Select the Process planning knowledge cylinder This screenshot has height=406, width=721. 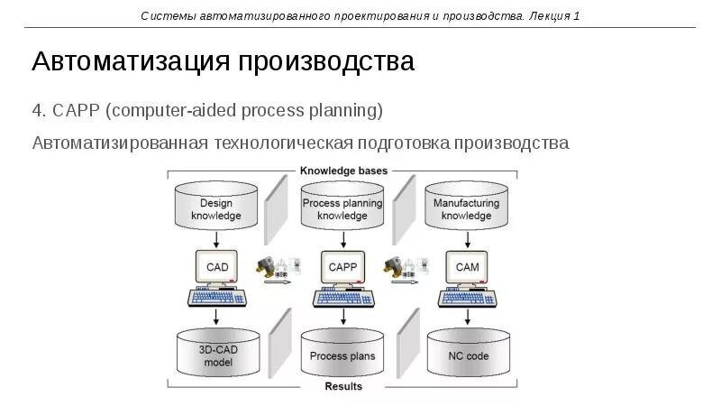point(342,208)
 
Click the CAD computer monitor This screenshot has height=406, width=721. point(217,266)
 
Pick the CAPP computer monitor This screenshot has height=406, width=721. point(342,266)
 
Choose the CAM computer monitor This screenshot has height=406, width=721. point(467,266)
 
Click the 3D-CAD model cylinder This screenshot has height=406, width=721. point(217,355)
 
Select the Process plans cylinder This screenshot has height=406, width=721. point(342,355)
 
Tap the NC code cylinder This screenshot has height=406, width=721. point(468,355)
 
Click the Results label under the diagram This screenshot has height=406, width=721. point(342,386)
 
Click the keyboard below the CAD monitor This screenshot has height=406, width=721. point(217,297)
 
